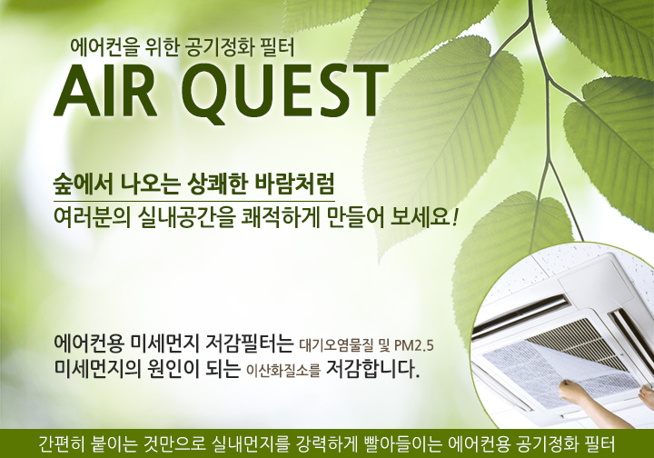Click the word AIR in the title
[x=106, y=92]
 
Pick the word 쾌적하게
[x=281, y=218]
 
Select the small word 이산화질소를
[x=282, y=370]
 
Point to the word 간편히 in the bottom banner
[x=62, y=444]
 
